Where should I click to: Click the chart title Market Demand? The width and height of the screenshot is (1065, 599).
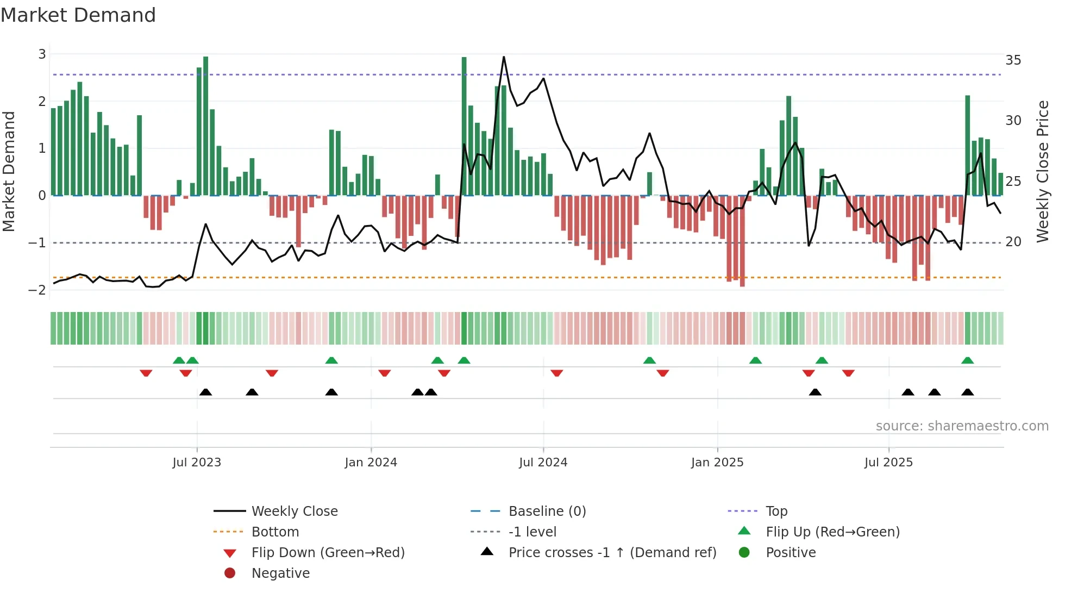[78, 15]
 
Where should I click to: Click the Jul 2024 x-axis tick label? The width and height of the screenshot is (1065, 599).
[543, 463]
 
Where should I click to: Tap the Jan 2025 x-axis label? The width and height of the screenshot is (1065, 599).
[717, 463]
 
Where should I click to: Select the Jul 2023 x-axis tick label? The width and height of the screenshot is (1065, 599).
[197, 463]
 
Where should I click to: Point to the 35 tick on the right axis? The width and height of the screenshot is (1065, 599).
[1013, 60]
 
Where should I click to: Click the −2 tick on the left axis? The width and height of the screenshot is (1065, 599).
[37, 290]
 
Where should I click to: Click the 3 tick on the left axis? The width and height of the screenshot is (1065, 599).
[42, 54]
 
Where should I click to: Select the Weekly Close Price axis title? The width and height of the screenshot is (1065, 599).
[1042, 171]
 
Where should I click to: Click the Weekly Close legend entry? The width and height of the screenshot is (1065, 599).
[294, 511]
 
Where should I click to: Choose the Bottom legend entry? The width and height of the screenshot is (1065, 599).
[275, 532]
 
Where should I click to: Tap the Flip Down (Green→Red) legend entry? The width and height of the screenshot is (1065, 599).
[328, 553]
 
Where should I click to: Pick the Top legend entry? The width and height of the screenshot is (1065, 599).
[776, 511]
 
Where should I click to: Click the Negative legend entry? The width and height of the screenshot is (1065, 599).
[280, 573]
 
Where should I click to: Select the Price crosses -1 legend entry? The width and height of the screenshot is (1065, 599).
[612, 553]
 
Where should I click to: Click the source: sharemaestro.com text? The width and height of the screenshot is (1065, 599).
[962, 426]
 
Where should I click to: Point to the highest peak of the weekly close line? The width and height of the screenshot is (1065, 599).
[504, 57]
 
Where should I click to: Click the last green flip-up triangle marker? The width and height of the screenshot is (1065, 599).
[967, 360]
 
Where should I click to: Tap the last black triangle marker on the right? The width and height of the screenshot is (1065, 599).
[967, 392]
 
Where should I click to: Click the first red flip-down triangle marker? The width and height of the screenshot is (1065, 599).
[146, 373]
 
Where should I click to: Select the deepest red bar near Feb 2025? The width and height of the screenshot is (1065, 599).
[742, 242]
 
